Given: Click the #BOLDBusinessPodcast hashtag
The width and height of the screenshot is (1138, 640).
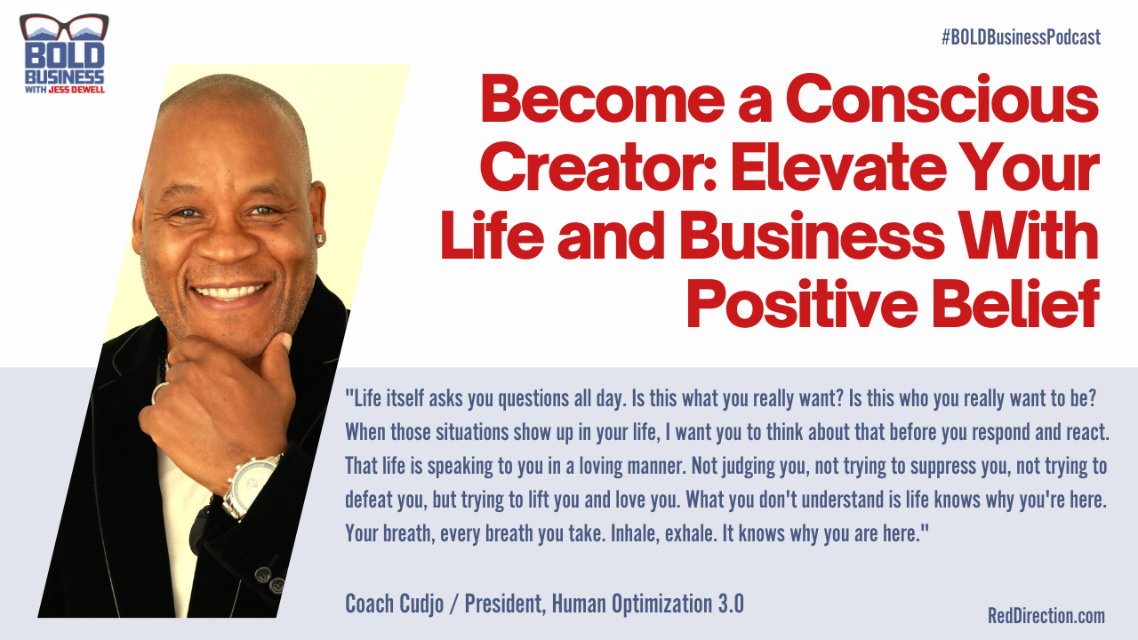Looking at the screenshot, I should point(1020,37).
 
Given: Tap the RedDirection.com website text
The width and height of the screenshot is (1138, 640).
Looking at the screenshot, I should point(1046,615).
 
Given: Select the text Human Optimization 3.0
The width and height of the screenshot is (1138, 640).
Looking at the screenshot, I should point(647,604).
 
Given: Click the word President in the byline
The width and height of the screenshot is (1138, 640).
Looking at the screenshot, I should point(503,604).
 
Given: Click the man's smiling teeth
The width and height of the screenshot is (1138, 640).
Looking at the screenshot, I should point(230,292).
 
